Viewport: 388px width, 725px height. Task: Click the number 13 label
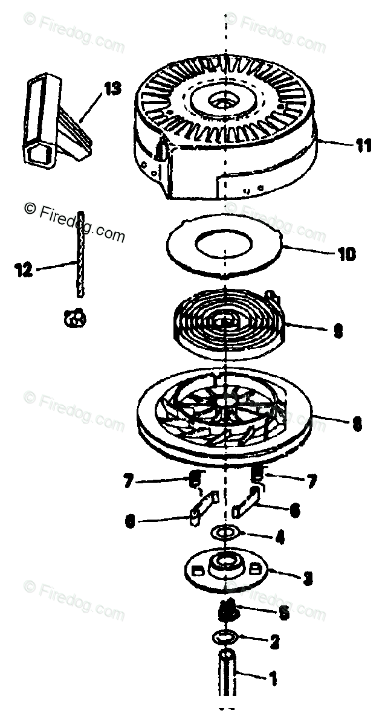112,89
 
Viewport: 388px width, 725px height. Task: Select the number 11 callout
363,147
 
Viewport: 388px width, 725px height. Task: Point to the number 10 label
346,254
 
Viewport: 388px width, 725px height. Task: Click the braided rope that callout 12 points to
79,254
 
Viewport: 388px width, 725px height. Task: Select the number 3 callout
307,578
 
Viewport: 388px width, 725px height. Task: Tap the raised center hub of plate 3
225,562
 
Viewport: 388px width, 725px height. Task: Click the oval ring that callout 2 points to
222,637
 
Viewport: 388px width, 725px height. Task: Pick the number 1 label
273,680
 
